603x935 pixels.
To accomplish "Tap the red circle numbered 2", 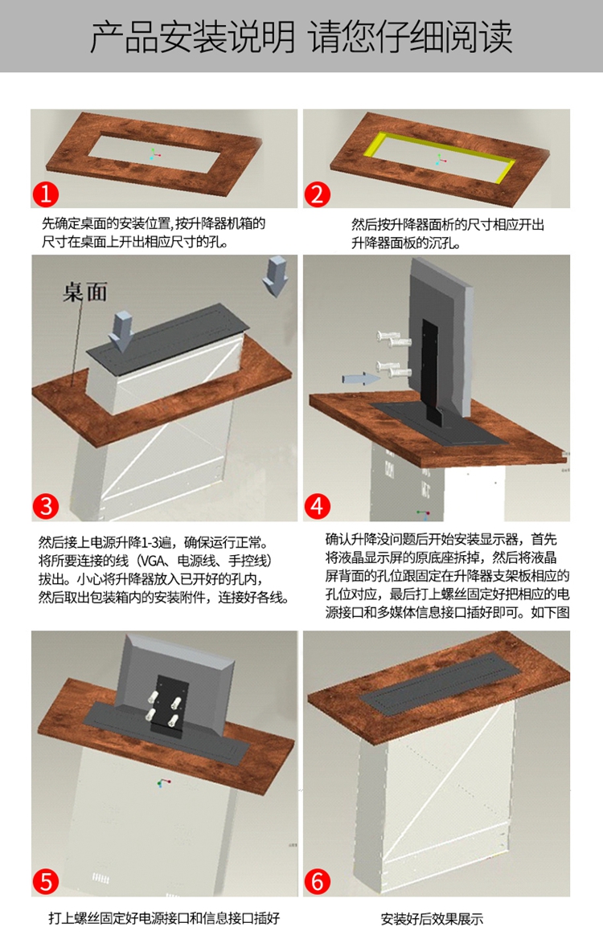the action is [317, 194].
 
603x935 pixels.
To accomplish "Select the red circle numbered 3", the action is [46, 506].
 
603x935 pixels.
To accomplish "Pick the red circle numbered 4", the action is [318, 506].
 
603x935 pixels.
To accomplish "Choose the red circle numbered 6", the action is [318, 881].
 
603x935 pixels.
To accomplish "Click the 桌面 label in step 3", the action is [85, 292].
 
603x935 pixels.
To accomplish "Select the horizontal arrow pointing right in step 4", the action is [361, 378].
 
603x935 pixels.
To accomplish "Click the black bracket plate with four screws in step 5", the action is [167, 704].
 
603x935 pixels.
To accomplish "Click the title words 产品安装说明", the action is [192, 36].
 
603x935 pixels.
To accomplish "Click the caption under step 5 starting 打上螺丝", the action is [163, 918].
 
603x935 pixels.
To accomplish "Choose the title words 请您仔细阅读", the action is [411, 36].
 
